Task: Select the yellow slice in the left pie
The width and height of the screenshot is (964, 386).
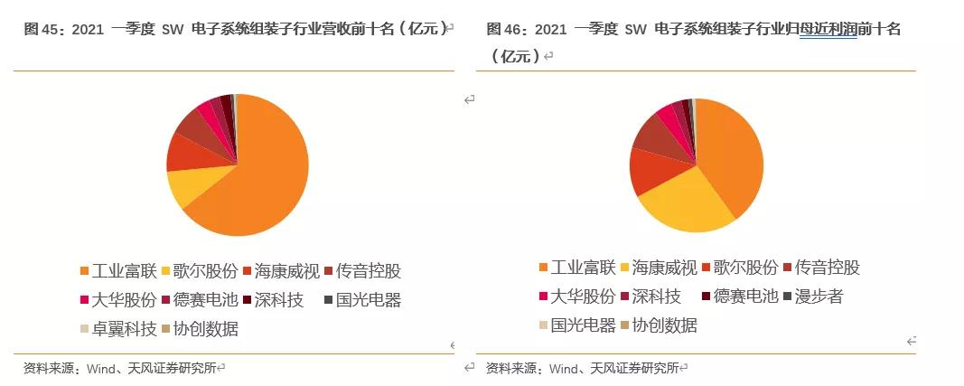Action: point(186,187)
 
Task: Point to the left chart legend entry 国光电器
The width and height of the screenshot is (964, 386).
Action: point(368,299)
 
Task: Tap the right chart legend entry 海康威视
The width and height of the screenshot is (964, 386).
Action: point(663,267)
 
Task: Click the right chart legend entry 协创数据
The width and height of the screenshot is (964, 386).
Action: point(664,325)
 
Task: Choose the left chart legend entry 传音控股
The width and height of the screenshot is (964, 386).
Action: point(368,270)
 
